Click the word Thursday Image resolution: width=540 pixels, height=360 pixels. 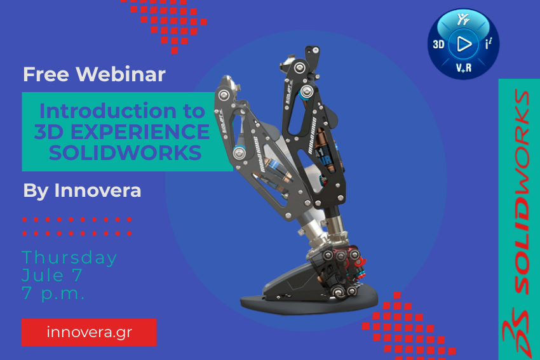70,258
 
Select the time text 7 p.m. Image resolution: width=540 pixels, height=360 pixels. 53,294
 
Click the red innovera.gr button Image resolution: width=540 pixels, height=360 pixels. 89,332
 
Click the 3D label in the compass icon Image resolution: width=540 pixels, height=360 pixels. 438,44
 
